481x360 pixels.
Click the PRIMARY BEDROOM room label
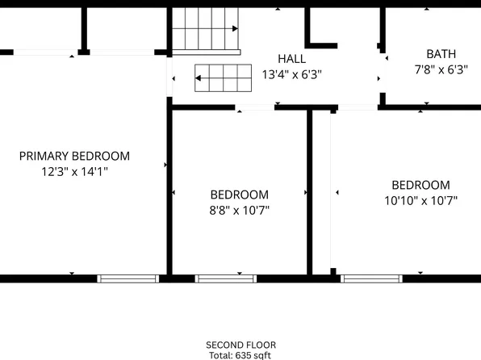pyautogui.click(x=74, y=156)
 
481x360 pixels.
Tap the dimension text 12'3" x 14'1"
pyautogui.click(x=74, y=171)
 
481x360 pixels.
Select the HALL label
pyautogui.click(x=291, y=59)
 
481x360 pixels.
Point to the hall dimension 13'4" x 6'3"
pyautogui.click(x=291, y=74)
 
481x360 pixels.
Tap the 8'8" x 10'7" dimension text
pyautogui.click(x=240, y=210)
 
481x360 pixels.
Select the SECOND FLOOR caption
pyautogui.click(x=240, y=345)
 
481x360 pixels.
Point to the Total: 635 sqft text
pyautogui.click(x=240, y=355)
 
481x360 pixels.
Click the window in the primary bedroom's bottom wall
pyautogui.click(x=128, y=278)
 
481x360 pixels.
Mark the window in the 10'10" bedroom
pyautogui.click(x=371, y=278)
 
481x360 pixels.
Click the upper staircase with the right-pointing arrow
pyautogui.click(x=206, y=29)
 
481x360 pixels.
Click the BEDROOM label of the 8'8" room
pyautogui.click(x=240, y=195)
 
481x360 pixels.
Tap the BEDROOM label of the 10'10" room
pyautogui.click(x=420, y=185)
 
